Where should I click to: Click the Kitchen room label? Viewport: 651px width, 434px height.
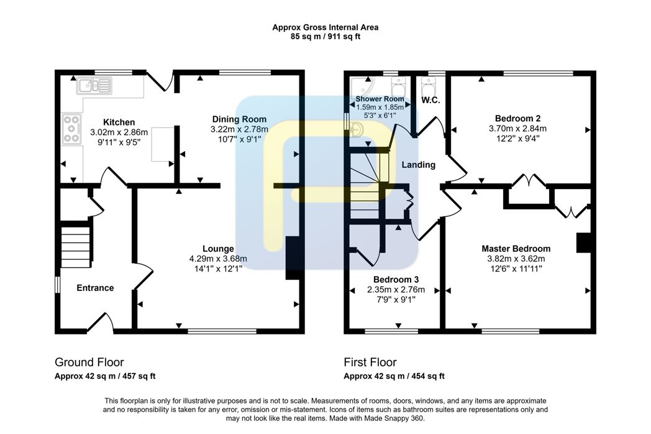tap(119, 122)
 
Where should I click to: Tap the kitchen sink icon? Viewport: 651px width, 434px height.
tap(94, 86)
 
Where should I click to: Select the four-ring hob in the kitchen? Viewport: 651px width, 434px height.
tap(71, 129)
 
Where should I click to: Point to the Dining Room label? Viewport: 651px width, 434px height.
tap(239, 119)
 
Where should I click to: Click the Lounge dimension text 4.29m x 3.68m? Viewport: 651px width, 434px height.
tap(218, 259)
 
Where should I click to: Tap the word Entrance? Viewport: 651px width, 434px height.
tap(95, 288)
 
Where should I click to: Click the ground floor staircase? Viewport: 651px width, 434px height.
tap(76, 246)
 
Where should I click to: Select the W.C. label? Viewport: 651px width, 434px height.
tap(430, 100)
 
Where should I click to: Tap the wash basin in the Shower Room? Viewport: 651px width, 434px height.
tap(356, 130)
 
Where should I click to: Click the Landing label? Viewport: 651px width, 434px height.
tap(419, 165)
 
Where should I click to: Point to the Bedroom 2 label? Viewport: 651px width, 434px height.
tap(517, 119)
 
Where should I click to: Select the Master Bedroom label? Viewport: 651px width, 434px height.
tap(516, 249)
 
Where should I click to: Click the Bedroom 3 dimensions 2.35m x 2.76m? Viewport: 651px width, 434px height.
tap(396, 289)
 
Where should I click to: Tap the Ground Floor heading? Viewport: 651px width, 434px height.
tap(89, 362)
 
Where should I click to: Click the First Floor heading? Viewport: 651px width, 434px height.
tap(370, 362)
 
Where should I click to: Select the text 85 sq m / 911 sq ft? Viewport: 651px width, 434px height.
tap(325, 37)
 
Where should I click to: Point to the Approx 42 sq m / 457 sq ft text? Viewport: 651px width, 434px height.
tap(105, 376)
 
